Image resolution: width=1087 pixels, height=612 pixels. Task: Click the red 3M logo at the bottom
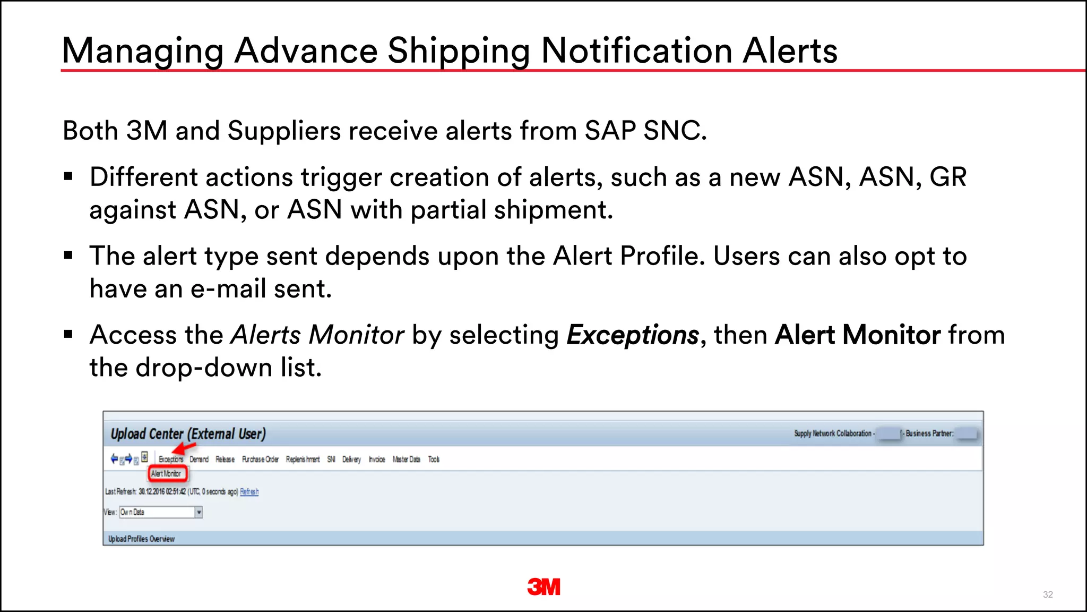point(543,587)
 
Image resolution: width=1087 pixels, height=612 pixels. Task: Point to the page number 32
point(1048,594)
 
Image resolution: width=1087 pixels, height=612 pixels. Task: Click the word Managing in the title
point(143,52)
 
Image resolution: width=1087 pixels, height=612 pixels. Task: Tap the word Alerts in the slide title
point(790,52)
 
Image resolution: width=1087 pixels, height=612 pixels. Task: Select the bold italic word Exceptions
point(633,335)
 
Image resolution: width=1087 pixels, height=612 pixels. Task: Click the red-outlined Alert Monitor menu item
point(167,473)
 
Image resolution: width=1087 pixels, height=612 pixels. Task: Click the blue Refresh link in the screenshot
point(249,492)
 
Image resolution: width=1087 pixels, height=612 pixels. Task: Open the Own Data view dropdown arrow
point(199,513)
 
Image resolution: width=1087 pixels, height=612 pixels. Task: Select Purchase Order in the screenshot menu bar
point(260,460)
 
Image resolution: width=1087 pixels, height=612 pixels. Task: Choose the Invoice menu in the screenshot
point(377,460)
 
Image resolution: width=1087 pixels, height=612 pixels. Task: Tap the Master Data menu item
point(406,460)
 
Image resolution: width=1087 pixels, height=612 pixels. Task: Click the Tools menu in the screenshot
point(434,460)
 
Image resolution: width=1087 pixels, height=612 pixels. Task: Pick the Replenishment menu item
point(303,460)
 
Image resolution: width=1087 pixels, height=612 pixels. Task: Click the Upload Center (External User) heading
point(188,434)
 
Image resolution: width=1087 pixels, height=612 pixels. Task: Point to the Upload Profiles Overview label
point(141,539)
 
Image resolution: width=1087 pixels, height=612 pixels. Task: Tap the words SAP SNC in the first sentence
point(645,131)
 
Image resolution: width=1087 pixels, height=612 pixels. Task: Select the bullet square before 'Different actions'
point(68,177)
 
